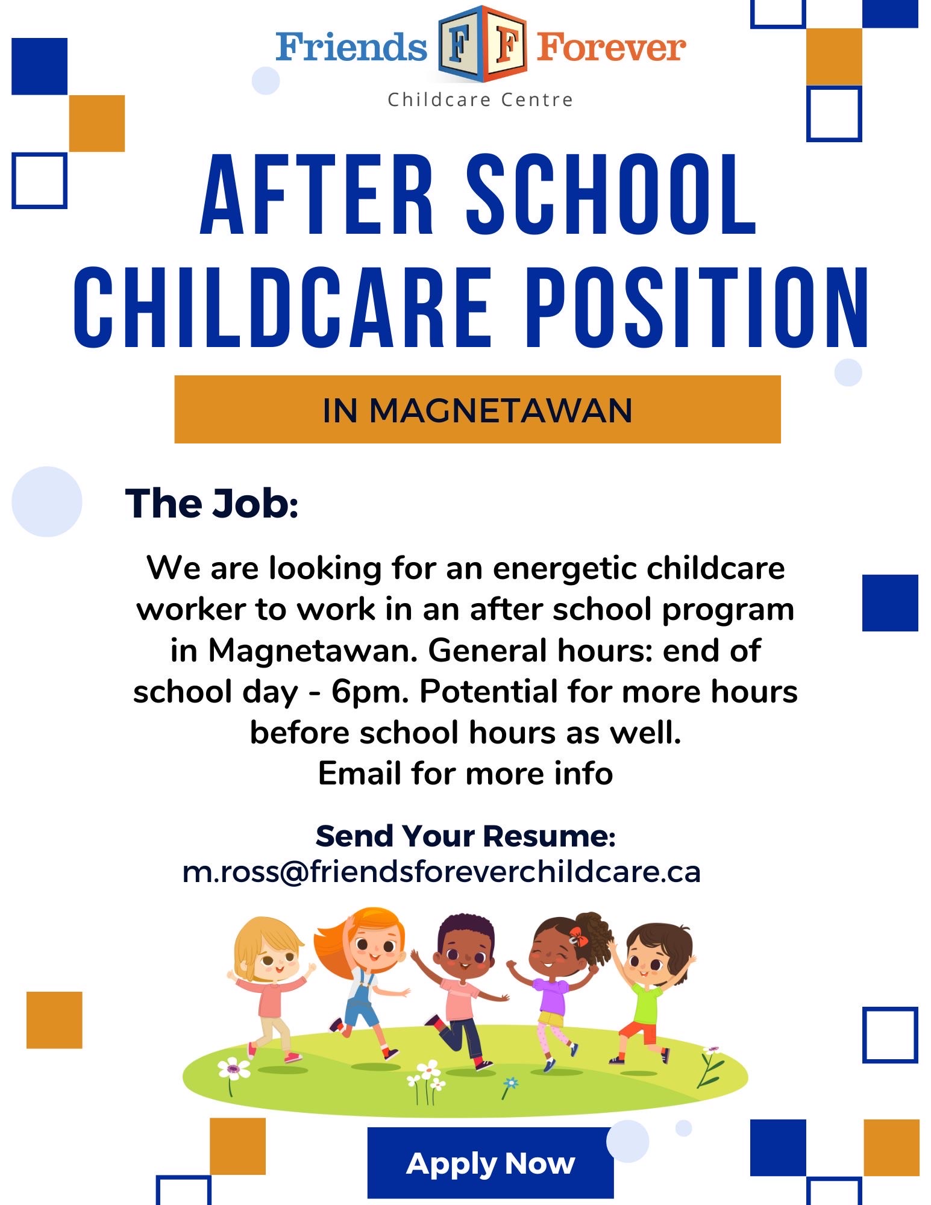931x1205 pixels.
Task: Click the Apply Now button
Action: (491, 1163)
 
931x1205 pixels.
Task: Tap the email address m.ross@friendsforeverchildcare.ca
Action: (442, 872)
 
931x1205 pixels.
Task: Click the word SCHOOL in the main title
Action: (611, 195)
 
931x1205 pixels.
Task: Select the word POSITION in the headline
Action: (697, 308)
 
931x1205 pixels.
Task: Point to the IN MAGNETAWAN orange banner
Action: (477, 410)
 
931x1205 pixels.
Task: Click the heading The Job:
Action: (212, 503)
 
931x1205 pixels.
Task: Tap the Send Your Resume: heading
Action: (466, 836)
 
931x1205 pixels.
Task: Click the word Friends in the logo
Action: (352, 48)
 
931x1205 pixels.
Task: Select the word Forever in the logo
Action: (611, 48)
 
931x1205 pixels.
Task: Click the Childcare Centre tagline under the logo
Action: (480, 99)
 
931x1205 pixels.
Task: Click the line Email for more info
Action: (465, 773)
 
